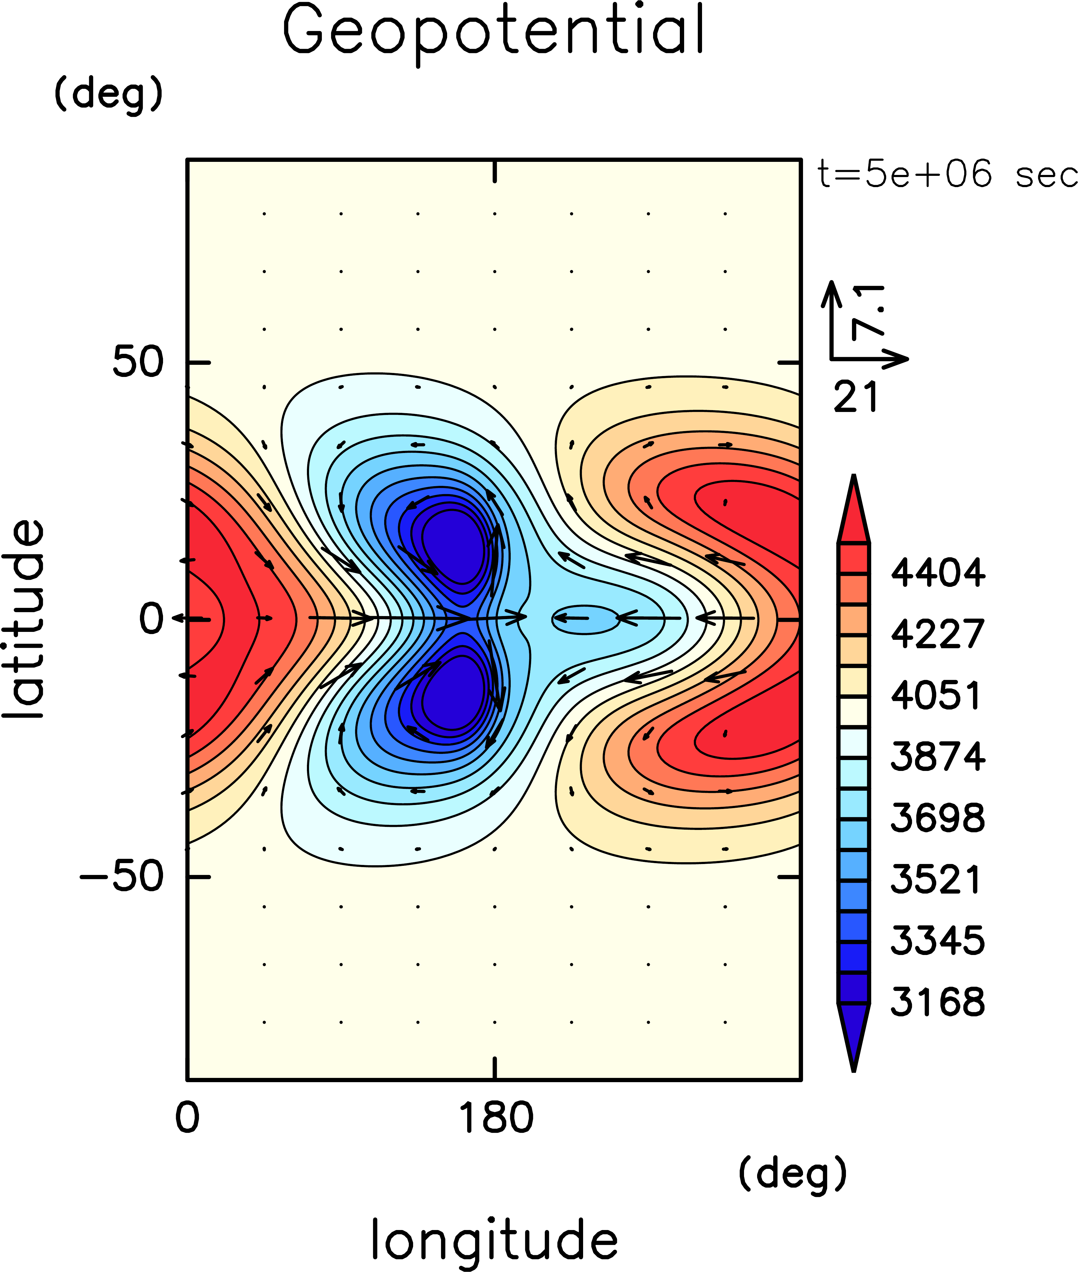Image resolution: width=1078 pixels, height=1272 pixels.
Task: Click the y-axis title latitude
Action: pyautogui.click(x=24, y=619)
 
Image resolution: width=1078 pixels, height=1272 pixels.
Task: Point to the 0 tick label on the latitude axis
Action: pyautogui.click(x=151, y=619)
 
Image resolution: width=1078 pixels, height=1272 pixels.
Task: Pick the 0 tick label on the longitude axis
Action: pyautogui.click(x=187, y=1119)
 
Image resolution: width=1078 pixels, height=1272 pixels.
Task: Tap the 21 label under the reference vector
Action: pyautogui.click(x=856, y=397)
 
